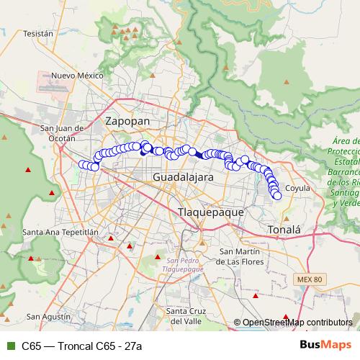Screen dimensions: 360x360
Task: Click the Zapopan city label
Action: point(127,122)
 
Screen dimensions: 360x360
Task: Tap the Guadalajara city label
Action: point(183,176)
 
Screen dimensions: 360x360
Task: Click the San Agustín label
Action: point(47,316)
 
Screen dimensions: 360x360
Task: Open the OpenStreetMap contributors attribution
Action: point(297,323)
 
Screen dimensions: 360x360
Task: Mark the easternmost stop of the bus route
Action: point(277,195)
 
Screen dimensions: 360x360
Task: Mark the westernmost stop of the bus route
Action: point(82,164)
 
